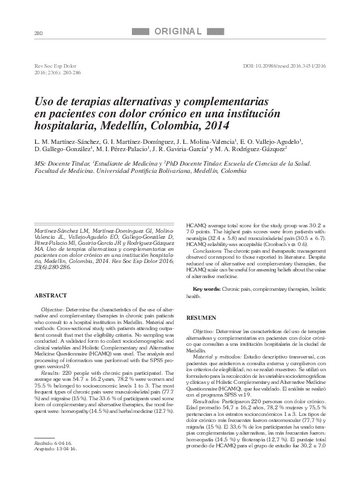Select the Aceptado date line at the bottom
point(59,449)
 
